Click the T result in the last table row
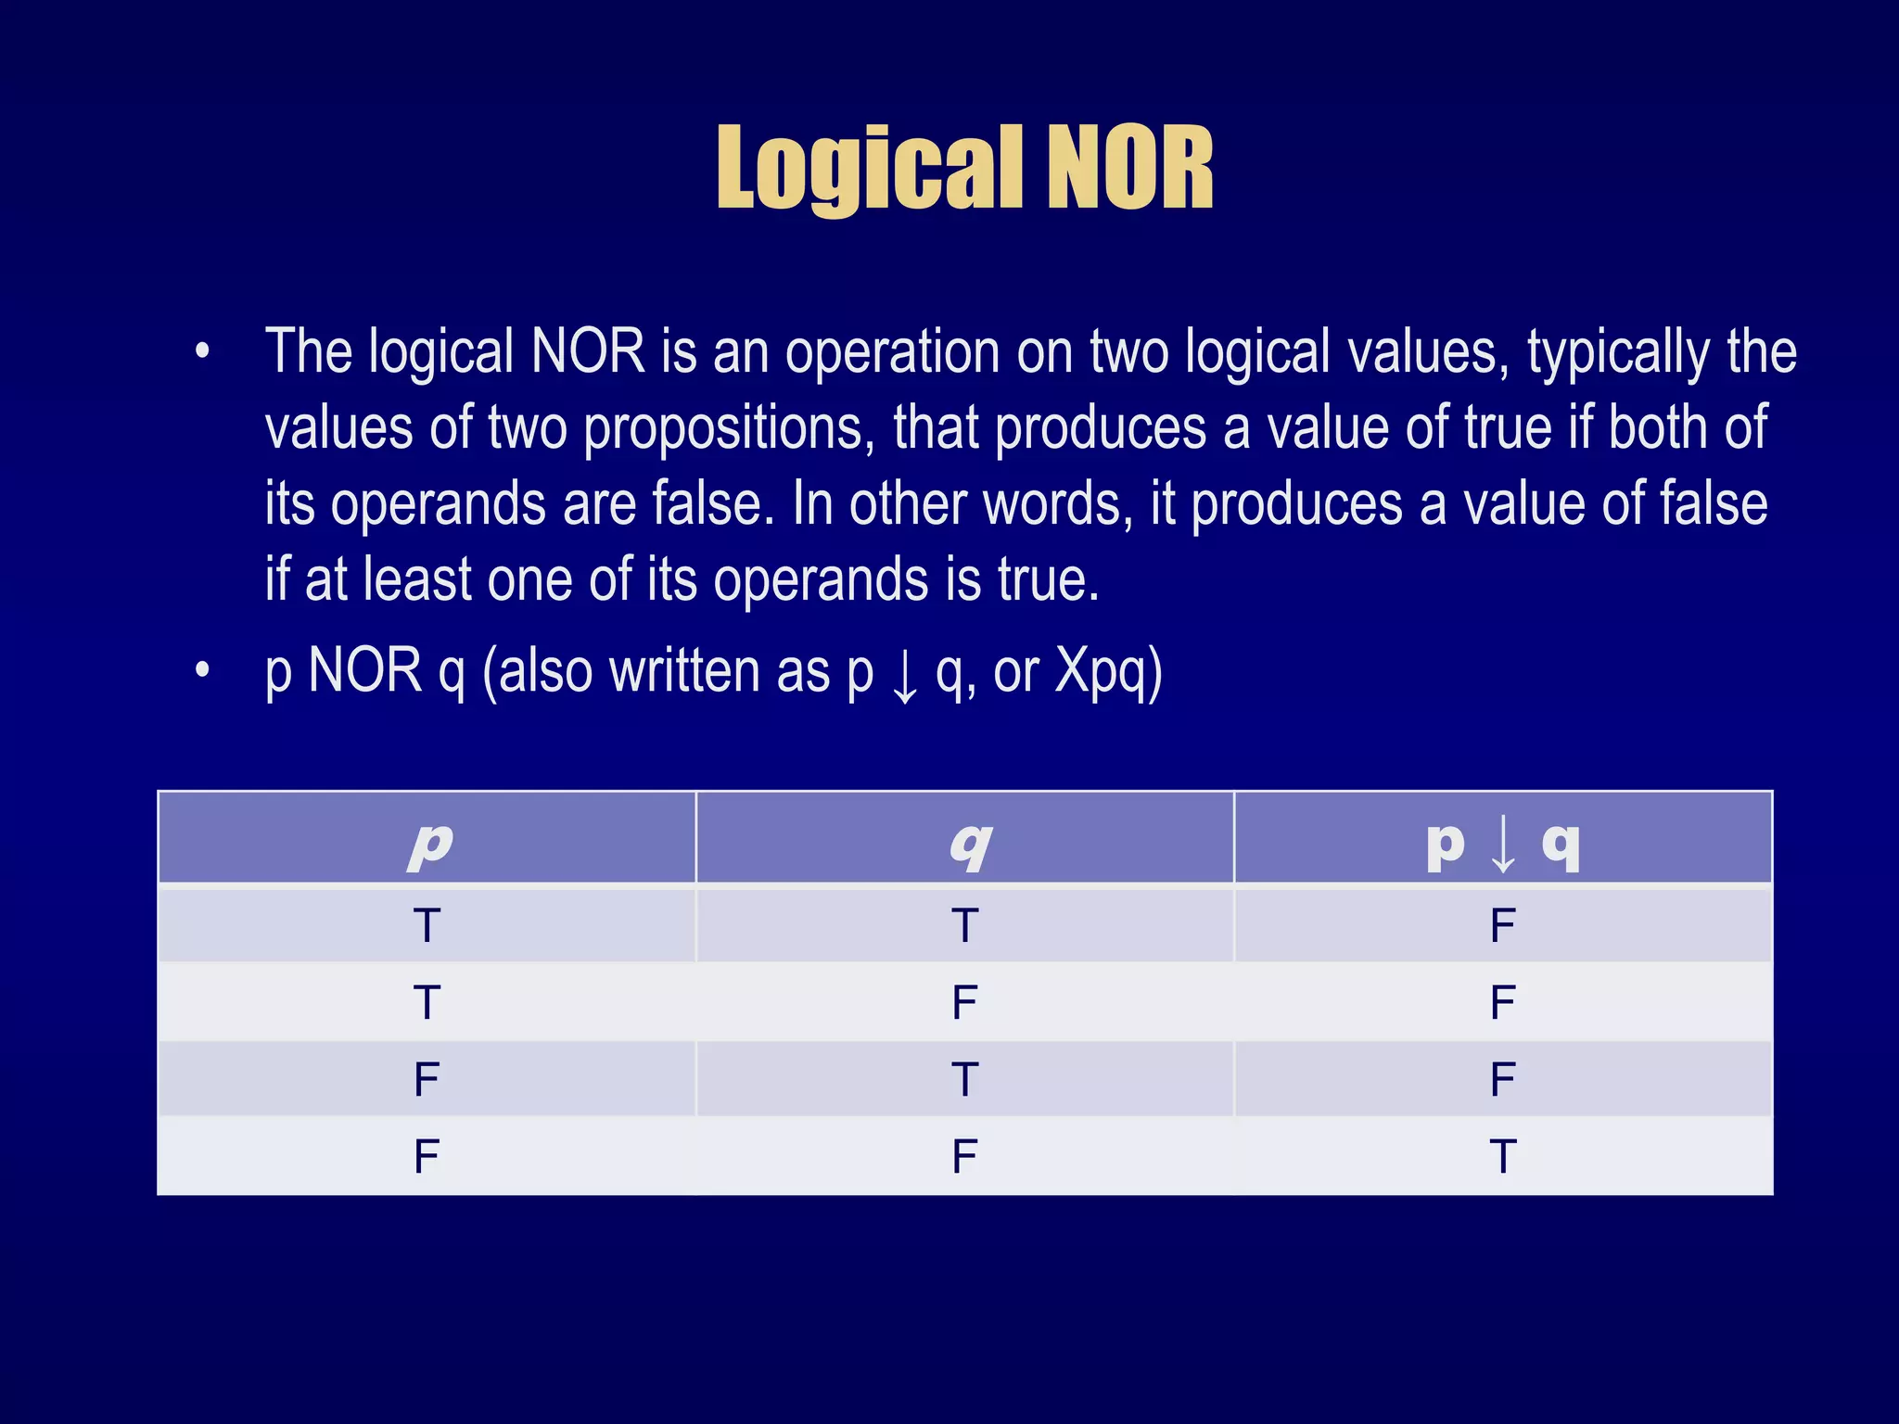[1502, 1157]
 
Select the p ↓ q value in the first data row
[1502, 925]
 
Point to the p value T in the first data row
[427, 925]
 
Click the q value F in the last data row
[964, 1157]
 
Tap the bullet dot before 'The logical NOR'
[202, 352]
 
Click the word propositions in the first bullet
[729, 428]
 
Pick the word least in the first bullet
[418, 579]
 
